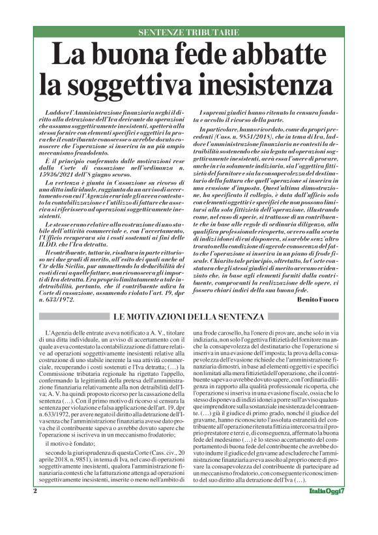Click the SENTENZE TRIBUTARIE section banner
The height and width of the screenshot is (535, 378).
click(x=188, y=32)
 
